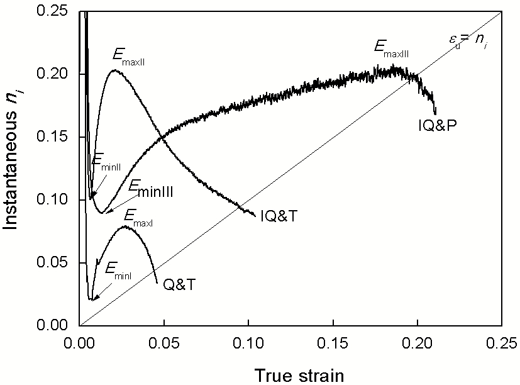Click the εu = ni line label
pyautogui.click(x=462, y=45)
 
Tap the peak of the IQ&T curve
pyautogui.click(x=114, y=70)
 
